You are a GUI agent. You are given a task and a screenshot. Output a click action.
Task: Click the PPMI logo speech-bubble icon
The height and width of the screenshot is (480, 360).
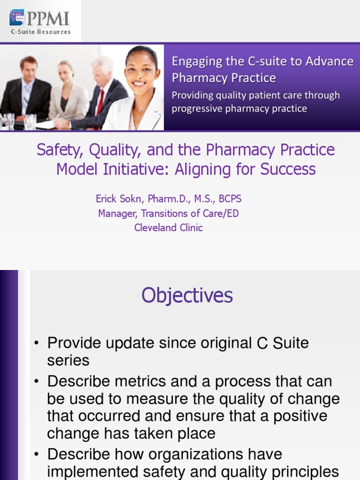tap(17, 17)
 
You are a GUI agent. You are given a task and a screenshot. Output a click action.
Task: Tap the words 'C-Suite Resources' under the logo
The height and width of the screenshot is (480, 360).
tap(41, 31)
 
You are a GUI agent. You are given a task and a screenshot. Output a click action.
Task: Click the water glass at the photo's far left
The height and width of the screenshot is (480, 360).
tap(9, 121)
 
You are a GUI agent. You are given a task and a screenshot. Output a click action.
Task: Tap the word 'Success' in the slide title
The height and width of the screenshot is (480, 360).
tap(288, 169)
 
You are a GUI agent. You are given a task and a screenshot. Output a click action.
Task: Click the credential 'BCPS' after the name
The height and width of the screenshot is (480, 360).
tap(230, 199)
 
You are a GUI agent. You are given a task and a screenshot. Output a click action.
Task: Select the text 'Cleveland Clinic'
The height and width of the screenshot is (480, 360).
tap(168, 228)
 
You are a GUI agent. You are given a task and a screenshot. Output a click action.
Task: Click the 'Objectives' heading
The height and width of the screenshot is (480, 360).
tap(187, 295)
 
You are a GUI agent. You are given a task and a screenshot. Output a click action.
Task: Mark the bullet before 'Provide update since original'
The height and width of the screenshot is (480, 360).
tap(37, 343)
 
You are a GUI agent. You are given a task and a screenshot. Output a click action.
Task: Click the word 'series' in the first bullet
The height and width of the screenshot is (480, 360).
tap(68, 360)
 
